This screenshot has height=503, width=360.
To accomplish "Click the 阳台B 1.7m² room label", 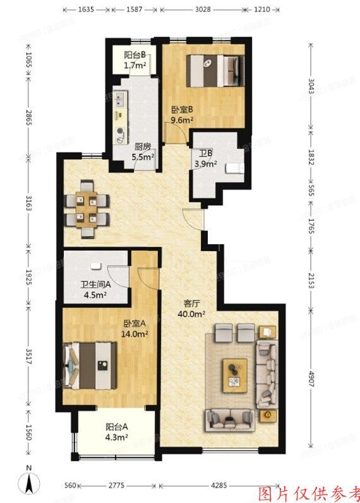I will click(x=135, y=59).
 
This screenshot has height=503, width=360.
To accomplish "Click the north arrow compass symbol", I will click(x=29, y=481).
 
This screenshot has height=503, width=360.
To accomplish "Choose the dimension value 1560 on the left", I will click(x=28, y=433).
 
